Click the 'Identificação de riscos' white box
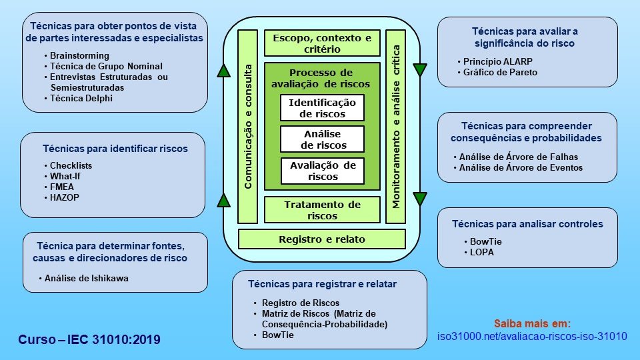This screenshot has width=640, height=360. click(x=323, y=107)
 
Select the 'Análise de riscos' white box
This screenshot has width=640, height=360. click(x=323, y=139)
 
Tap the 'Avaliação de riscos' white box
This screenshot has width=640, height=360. click(x=323, y=171)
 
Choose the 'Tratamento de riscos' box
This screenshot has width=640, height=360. click(x=323, y=210)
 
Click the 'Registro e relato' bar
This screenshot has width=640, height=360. click(x=322, y=239)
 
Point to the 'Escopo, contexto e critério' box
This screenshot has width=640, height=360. click(x=323, y=43)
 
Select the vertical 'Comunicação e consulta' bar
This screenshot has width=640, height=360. click(x=247, y=127)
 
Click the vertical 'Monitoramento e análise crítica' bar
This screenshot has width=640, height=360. click(x=396, y=127)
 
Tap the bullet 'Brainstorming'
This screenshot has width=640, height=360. click(x=79, y=56)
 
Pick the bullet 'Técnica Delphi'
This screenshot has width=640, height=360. click(x=81, y=98)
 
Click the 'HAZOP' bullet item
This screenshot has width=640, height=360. click(x=65, y=197)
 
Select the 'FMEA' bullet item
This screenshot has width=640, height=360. click(x=63, y=187)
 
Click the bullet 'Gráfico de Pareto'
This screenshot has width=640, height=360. click(x=500, y=72)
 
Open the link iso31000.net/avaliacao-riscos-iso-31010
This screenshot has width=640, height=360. click(x=532, y=336)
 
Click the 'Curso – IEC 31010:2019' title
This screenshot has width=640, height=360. click(x=90, y=340)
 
